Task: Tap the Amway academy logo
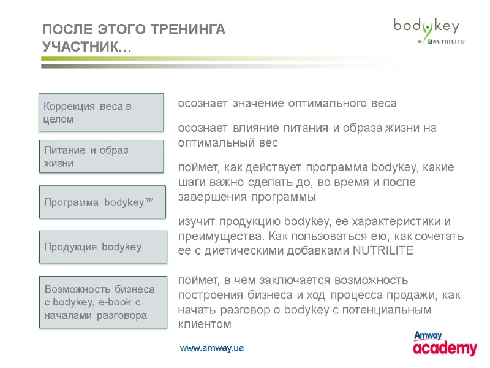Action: coord(445,344)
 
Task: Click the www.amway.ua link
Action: coord(212,348)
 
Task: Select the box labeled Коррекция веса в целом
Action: coord(102,112)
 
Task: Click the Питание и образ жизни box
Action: coord(102,156)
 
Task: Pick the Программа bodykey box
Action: coord(103,202)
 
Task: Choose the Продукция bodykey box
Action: coord(103,247)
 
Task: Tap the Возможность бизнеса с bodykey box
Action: coord(103,302)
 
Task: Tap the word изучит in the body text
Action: coord(194,221)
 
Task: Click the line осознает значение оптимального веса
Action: coord(287,104)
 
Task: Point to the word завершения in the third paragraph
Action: coord(208,197)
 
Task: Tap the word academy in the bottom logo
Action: coord(445,348)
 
